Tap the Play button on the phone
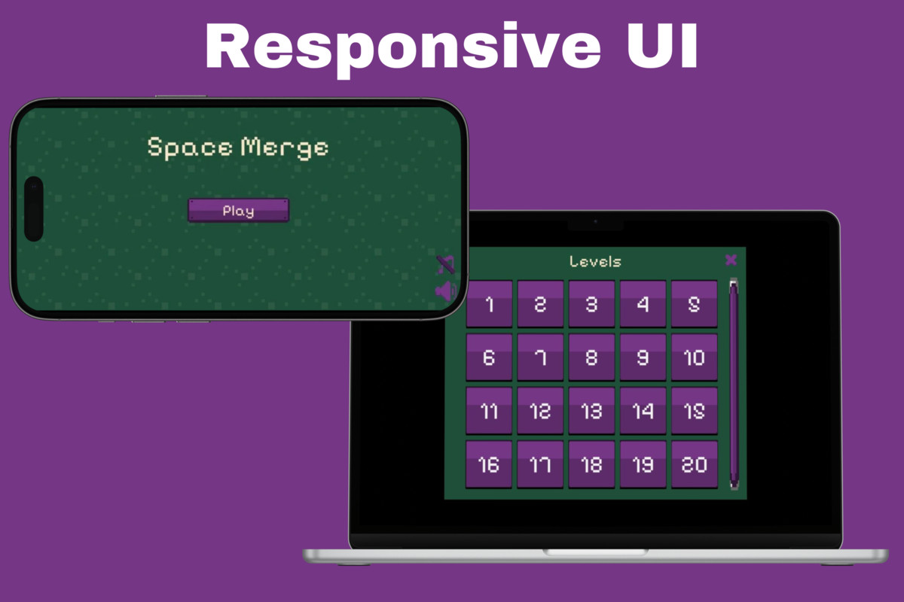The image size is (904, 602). (239, 210)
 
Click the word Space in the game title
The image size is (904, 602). (190, 147)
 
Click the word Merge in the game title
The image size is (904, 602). (285, 148)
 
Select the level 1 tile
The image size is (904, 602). (489, 303)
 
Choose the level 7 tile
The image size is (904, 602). (540, 357)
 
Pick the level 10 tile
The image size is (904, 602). (694, 357)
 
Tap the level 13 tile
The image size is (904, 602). (591, 411)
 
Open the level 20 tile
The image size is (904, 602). (694, 464)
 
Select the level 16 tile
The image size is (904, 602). (489, 464)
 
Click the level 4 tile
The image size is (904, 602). (643, 303)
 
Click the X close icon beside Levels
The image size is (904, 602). (731, 260)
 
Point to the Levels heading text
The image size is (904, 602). (595, 262)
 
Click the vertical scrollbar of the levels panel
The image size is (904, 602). (734, 384)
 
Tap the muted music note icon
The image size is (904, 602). (446, 265)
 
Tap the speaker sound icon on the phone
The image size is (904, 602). (446, 291)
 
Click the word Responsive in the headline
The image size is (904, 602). (403, 48)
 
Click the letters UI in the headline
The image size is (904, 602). (662, 45)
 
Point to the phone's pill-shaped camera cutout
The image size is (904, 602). (34, 209)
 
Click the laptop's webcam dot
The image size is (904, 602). (595, 221)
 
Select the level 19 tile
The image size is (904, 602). (643, 464)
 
